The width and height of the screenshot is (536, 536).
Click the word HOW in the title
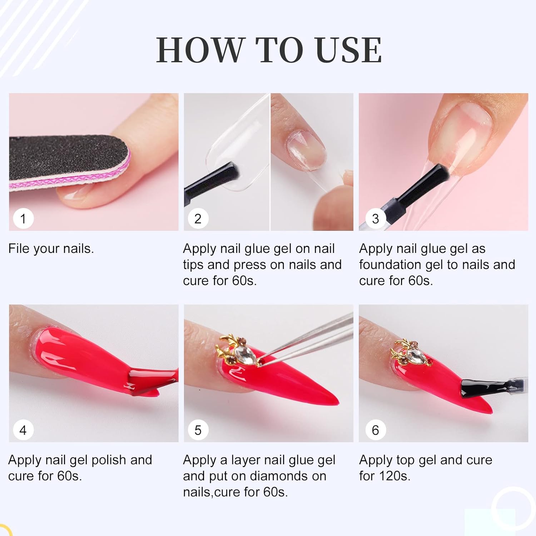coord(199,50)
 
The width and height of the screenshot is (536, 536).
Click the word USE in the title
coord(349,50)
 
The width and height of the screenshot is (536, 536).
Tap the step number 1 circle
coord(23,219)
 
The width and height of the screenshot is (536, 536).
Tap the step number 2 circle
coord(198,219)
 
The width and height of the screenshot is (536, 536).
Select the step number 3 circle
coord(375,219)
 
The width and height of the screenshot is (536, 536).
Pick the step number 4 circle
coord(23,430)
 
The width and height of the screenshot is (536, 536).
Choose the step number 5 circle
coord(198,430)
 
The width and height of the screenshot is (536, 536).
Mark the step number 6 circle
coord(375,430)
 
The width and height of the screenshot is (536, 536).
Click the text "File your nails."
coord(51,248)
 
